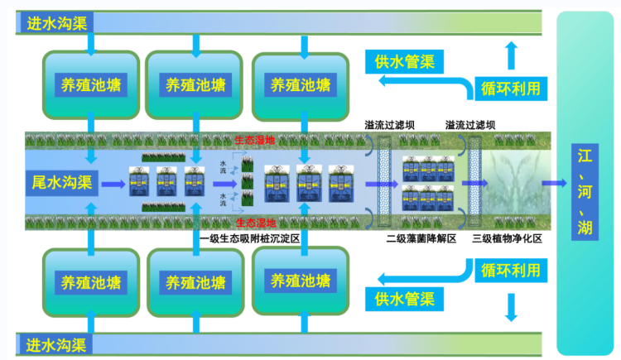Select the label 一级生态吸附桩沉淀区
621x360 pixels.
tap(249, 238)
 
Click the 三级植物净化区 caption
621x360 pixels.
tap(506, 238)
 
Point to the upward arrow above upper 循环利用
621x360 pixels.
tap(510, 56)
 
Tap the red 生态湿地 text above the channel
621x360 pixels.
tap(254, 140)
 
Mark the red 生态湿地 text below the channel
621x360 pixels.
tap(254, 223)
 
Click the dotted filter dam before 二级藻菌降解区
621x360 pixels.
tap(384, 182)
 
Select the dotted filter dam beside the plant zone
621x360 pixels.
tap(475, 182)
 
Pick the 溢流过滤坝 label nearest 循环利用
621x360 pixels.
tap(469, 125)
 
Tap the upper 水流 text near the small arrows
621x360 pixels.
tap(223, 166)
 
